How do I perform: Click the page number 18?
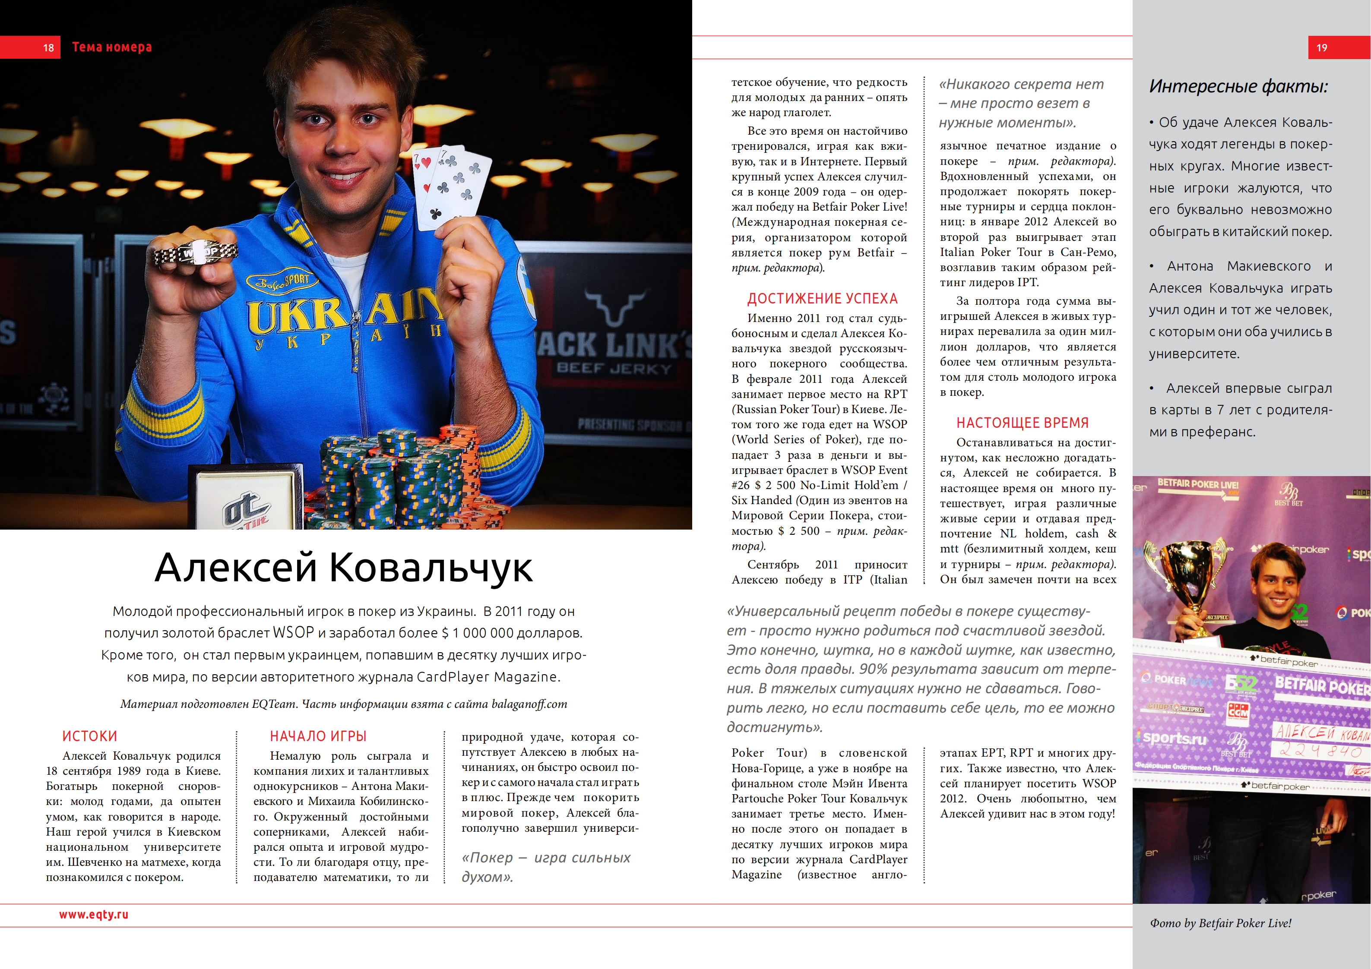tap(48, 48)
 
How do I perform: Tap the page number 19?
tap(1321, 48)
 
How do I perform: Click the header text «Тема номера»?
tap(112, 47)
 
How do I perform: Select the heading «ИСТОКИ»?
tap(89, 736)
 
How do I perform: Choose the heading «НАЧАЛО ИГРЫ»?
tap(318, 736)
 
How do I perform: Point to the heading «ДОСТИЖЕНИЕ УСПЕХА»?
tap(822, 299)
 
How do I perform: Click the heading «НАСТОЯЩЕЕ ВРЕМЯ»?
tap(1022, 423)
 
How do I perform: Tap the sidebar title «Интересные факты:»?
tap(1238, 87)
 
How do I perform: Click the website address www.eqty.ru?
tap(94, 914)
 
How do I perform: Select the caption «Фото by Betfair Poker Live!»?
tap(1221, 923)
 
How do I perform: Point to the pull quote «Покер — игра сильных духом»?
tap(546, 867)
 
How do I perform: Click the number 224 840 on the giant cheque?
tap(1320, 751)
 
